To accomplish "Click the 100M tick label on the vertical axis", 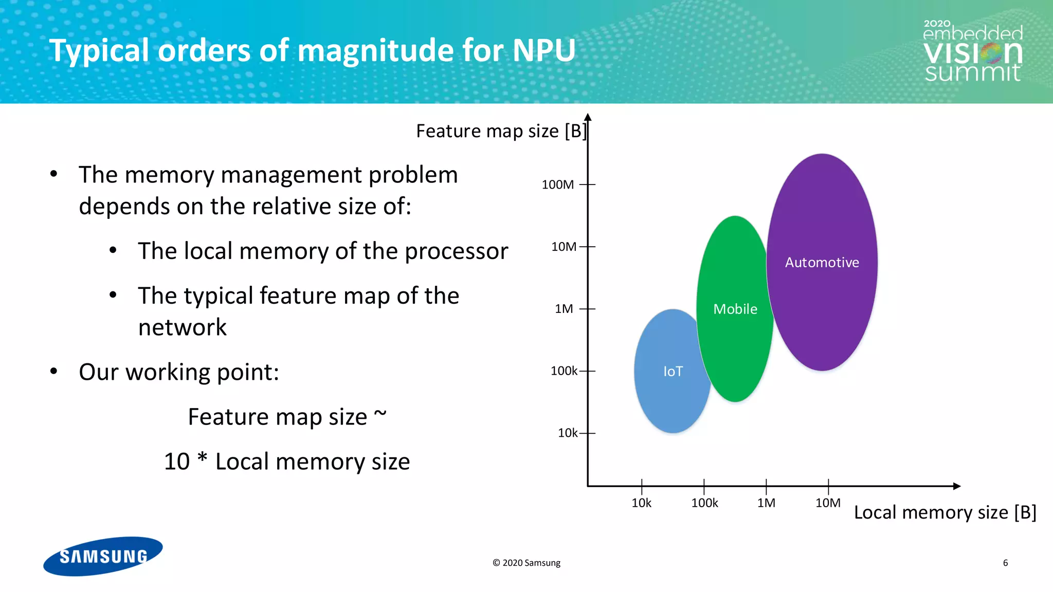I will (x=557, y=184).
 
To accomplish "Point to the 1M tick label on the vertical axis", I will (x=564, y=309).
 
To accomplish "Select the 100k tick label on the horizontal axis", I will (x=704, y=503).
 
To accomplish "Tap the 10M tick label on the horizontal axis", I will (x=828, y=503).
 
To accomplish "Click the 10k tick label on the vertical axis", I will (x=568, y=433).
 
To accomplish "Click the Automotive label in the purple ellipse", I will (x=822, y=263).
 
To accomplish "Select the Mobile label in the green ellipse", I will (x=735, y=309).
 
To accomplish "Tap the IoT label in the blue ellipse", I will (x=673, y=372).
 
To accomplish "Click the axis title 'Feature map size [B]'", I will (x=501, y=131).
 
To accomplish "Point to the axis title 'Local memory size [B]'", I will (x=945, y=512).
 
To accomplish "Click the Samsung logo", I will (x=103, y=557).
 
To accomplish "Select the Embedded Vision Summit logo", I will (x=973, y=51).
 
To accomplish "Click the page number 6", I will (x=1005, y=563).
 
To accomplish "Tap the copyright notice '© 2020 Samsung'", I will (x=526, y=563).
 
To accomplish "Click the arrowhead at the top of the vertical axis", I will (x=588, y=117).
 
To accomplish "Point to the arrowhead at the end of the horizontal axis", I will (x=957, y=486).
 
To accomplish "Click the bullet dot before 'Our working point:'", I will (x=54, y=371).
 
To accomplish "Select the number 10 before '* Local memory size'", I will (x=177, y=461).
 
